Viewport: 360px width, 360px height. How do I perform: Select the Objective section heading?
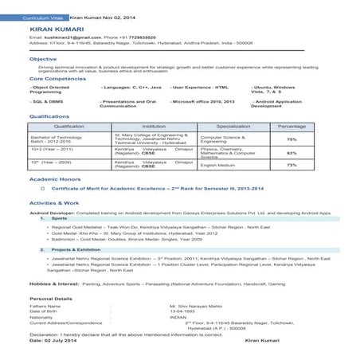pos(43,59)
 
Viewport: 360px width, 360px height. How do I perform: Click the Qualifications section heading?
pos(48,116)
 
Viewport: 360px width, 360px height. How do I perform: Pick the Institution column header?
pos(154,127)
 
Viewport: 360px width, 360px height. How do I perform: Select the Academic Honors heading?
pos(55,180)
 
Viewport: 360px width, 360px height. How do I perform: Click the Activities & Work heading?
pos(53,204)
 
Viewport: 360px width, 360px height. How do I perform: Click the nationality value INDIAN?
pos(178,317)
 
